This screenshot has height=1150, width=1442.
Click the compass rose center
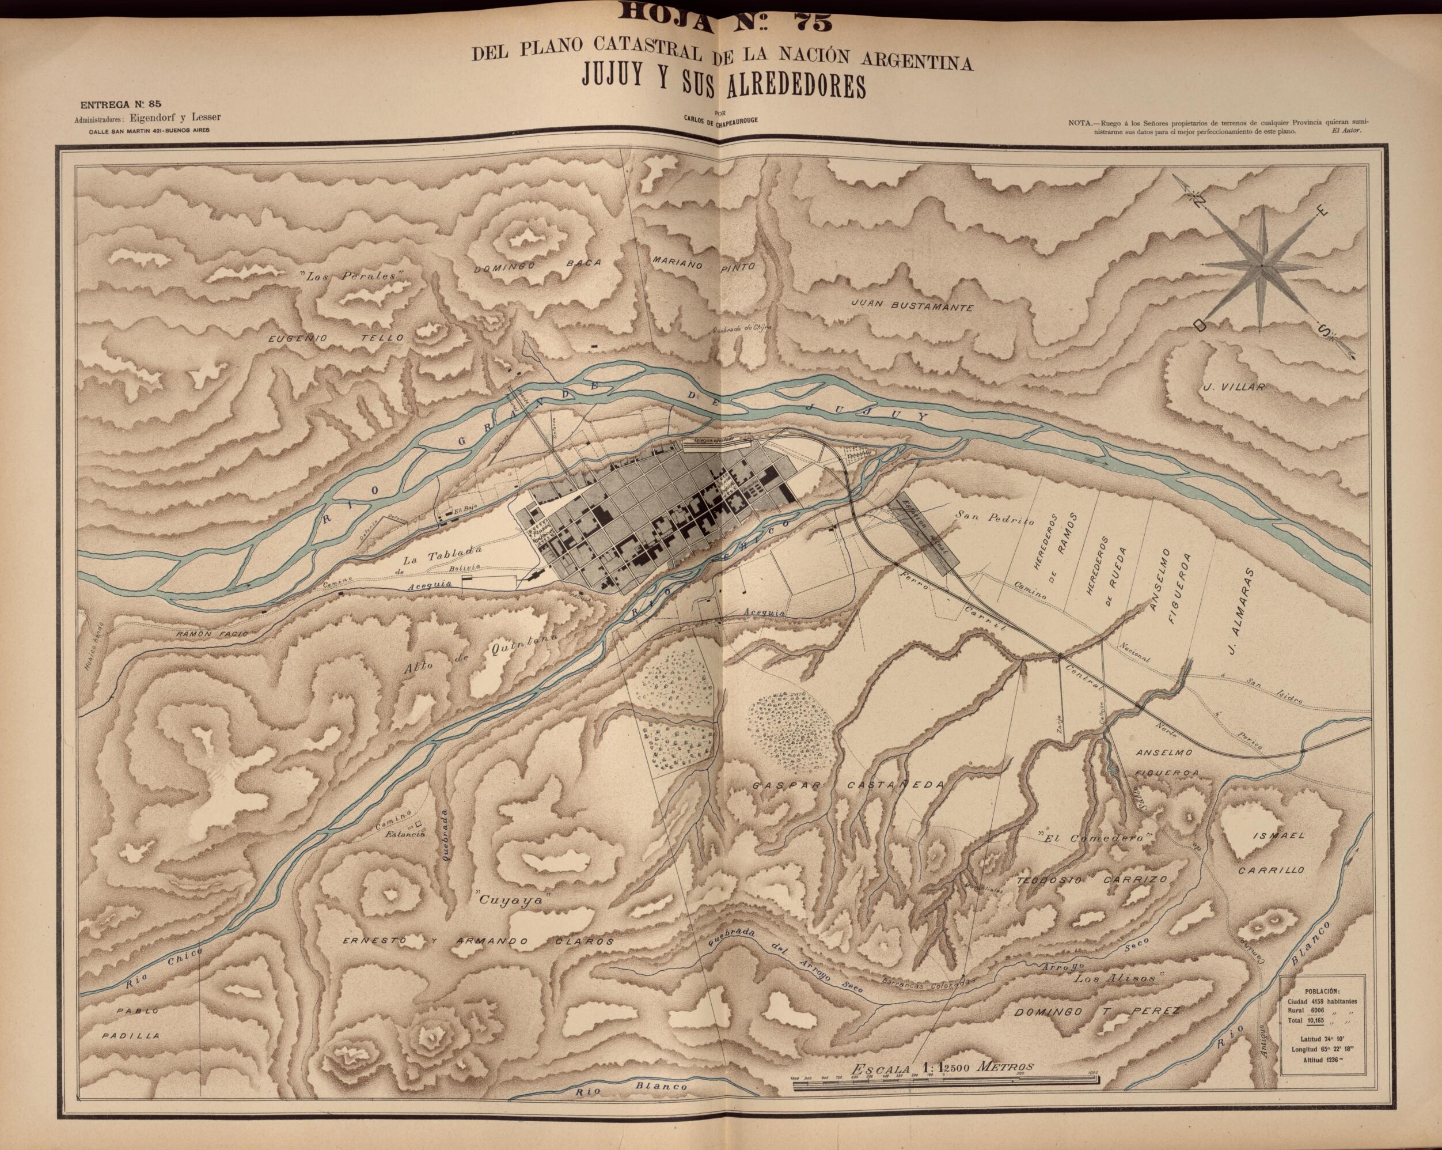1261,266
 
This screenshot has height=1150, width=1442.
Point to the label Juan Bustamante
911,305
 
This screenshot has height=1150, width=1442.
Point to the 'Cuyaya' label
510,901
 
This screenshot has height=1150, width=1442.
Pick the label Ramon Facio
211,632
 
